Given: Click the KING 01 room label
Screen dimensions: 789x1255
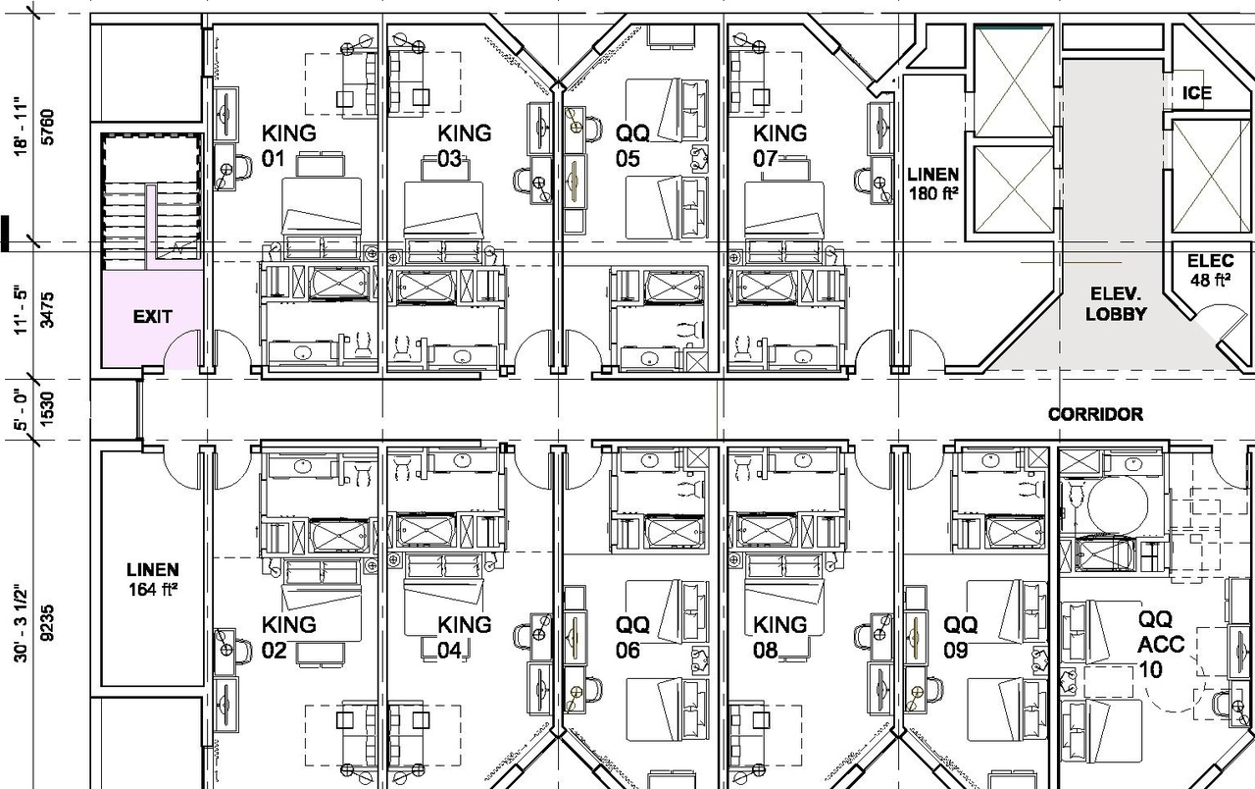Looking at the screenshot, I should (x=288, y=145).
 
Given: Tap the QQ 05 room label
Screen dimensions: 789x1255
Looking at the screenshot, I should (x=632, y=145).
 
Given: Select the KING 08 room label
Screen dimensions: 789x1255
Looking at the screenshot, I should (x=779, y=636).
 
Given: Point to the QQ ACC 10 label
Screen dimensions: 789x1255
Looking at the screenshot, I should (x=1161, y=645).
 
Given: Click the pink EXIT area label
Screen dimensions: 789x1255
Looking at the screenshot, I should (x=152, y=317).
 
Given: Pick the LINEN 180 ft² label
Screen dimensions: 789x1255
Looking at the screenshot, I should (x=932, y=184).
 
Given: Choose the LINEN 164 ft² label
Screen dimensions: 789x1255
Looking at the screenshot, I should (x=152, y=579).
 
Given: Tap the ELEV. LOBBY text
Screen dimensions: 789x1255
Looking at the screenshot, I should (x=1116, y=304).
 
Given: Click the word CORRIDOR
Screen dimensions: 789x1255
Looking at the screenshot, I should (x=1095, y=414).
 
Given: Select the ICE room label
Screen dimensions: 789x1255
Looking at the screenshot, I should (x=1197, y=93).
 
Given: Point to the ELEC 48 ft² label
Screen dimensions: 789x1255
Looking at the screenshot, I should (x=1209, y=271).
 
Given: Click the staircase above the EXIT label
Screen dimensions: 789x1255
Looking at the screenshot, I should (x=152, y=201).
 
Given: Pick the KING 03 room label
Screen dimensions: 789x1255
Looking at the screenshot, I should (x=463, y=145).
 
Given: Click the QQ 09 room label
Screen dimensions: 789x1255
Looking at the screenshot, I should (x=960, y=636).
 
